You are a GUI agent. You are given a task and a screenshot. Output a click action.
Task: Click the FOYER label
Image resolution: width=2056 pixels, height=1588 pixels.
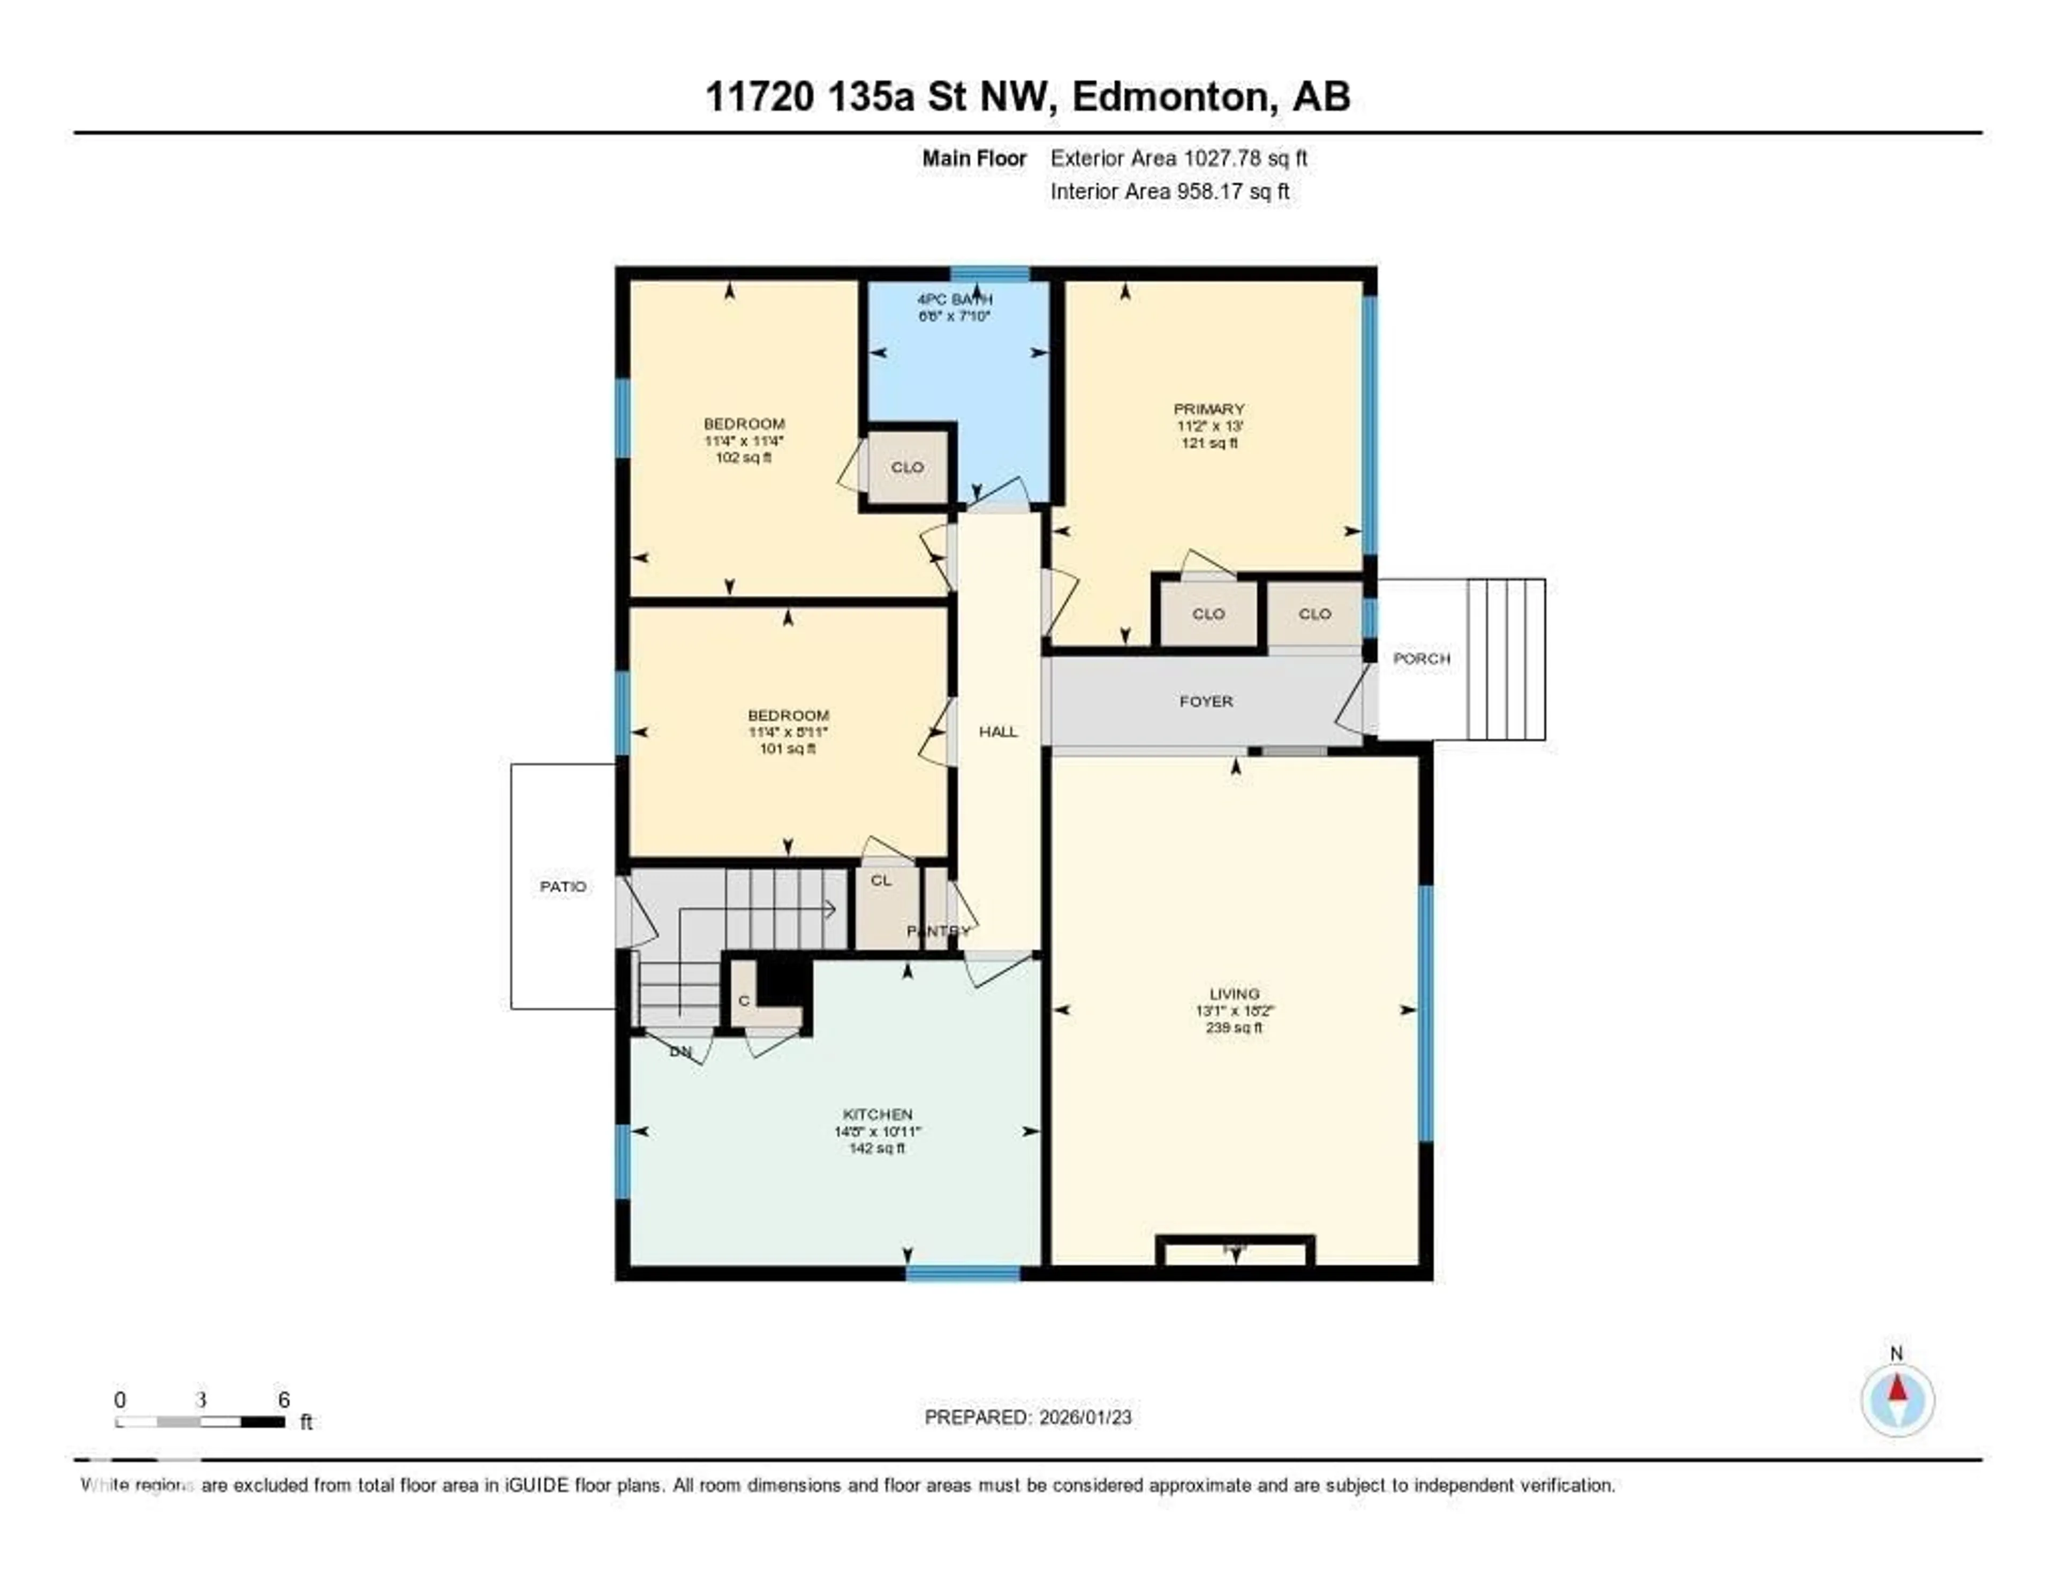coord(1206,701)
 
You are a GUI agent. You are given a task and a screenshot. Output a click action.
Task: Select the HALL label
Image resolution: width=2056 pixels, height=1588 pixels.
coord(998,731)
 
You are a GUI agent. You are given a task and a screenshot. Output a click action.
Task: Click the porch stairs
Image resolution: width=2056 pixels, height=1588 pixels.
coord(1505,659)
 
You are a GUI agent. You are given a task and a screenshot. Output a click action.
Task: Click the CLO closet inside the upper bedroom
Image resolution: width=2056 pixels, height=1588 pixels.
coord(906,467)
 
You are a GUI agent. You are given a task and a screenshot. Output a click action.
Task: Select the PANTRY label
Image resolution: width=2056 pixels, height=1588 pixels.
coord(938,931)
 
